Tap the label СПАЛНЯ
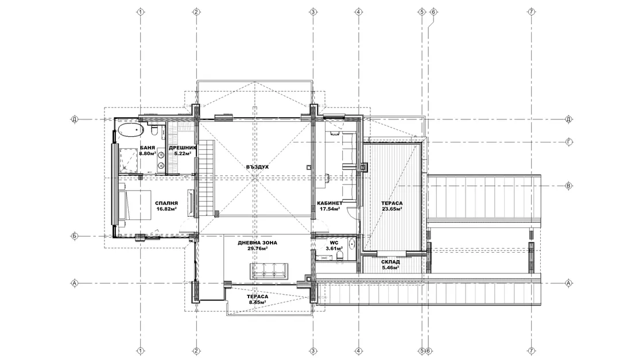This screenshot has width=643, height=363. click(166, 203)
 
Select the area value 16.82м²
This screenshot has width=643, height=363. click(166, 208)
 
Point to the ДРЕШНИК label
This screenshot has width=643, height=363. click(183, 148)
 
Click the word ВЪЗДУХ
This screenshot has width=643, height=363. click(258, 167)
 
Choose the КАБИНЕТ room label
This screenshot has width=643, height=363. click(330, 203)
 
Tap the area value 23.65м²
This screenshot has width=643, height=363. click(392, 208)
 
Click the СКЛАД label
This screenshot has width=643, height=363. click(390, 262)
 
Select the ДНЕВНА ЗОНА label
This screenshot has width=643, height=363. click(258, 242)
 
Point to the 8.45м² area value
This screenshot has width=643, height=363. click(258, 302)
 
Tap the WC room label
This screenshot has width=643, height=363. click(334, 242)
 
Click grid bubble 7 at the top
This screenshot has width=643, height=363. click(532, 12)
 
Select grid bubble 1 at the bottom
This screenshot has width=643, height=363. click(141, 351)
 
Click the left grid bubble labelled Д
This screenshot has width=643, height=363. click(75, 119)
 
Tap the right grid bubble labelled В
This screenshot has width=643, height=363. click(569, 186)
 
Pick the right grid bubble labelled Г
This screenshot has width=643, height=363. click(569, 142)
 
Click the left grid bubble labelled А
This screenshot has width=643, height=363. click(75, 283)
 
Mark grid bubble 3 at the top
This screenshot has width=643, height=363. click(313, 12)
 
